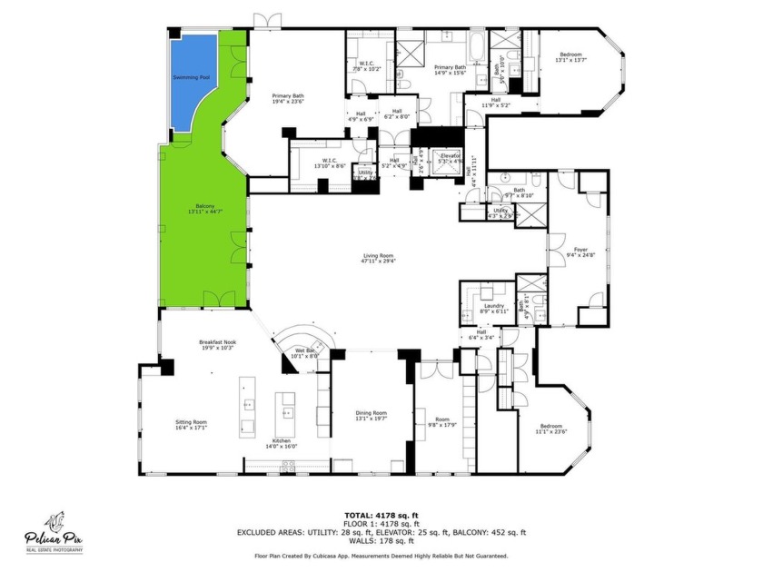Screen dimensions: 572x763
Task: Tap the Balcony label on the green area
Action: tap(204, 208)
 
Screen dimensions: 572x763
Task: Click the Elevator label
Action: tap(451, 157)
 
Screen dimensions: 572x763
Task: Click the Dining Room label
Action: tap(371, 416)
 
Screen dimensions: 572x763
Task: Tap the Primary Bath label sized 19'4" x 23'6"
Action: tap(292, 99)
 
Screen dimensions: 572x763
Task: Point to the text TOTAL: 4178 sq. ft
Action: tap(381, 515)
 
